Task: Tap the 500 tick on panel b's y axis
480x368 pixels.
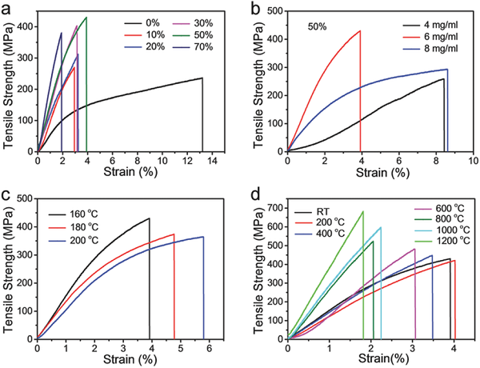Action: click(x=274, y=12)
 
